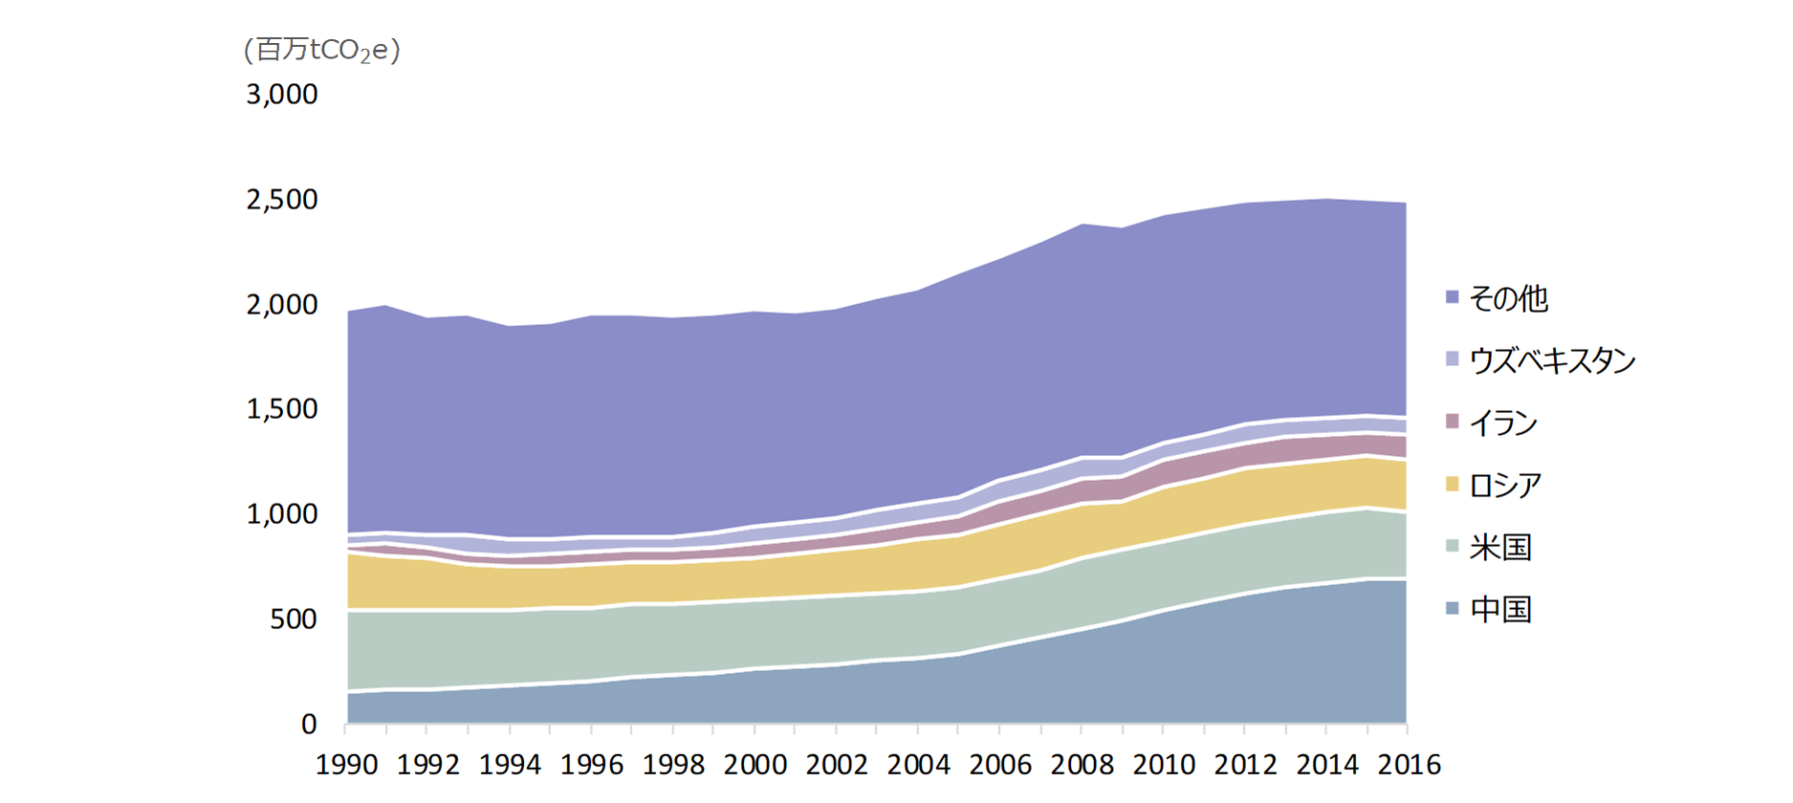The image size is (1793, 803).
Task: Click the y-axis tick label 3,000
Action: (282, 94)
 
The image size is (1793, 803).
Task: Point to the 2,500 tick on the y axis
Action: (282, 199)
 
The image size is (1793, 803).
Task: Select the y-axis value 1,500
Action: (282, 409)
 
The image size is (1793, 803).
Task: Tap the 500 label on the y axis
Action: (294, 619)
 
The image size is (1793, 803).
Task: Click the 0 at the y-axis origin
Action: (309, 725)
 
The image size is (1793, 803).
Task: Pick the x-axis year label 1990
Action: (347, 765)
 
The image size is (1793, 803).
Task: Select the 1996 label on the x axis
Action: (592, 765)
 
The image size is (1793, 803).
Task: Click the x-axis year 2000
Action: (755, 765)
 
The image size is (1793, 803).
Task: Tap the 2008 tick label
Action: (1082, 765)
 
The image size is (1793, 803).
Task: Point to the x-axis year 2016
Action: (1409, 765)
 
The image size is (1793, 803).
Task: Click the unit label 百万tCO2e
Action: (322, 50)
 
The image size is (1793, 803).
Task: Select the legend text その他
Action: (1508, 299)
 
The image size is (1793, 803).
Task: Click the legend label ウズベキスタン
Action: (1552, 360)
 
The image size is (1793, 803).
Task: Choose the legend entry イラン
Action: (1503, 423)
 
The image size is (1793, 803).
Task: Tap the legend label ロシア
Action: (1505, 485)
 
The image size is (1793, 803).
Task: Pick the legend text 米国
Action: (1500, 547)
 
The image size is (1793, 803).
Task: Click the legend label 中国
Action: (1500, 609)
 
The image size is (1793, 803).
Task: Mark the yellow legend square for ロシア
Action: (1453, 485)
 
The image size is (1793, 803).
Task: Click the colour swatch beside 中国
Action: (1453, 609)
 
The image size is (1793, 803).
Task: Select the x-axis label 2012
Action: (1245, 765)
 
